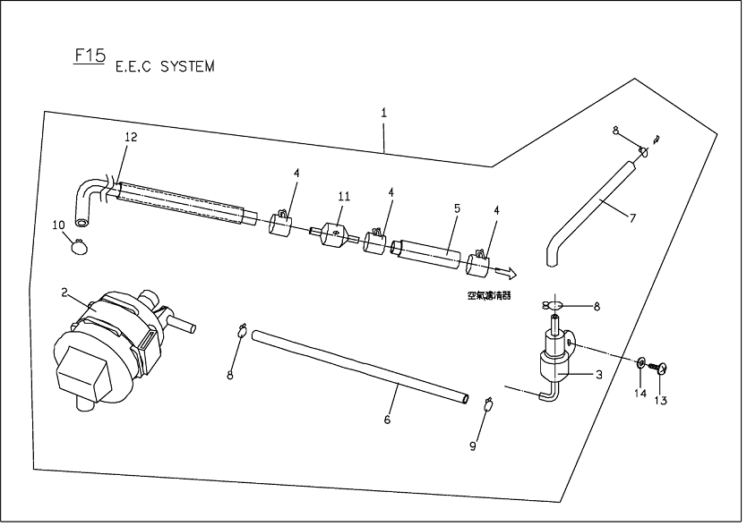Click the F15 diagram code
click(89, 55)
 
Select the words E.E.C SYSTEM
click(165, 67)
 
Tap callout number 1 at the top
click(383, 113)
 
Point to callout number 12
click(131, 137)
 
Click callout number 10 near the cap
click(58, 224)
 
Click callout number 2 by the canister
click(65, 292)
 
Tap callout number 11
click(343, 196)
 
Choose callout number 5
click(456, 208)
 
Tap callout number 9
click(474, 445)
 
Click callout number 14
click(640, 393)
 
